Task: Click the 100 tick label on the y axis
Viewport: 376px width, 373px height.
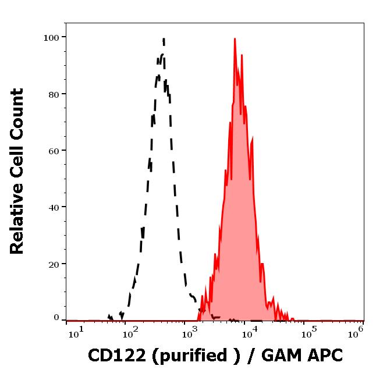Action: [x=52, y=38]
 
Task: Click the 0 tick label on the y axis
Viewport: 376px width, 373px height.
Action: [x=56, y=318]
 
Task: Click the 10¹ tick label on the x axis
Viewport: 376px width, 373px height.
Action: [x=76, y=332]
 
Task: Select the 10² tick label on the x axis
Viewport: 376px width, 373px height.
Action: [x=130, y=332]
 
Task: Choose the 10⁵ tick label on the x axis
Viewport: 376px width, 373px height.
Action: [x=308, y=332]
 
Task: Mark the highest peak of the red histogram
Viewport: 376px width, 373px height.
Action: [x=235, y=39]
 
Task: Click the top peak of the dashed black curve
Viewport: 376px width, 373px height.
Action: [x=164, y=39]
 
